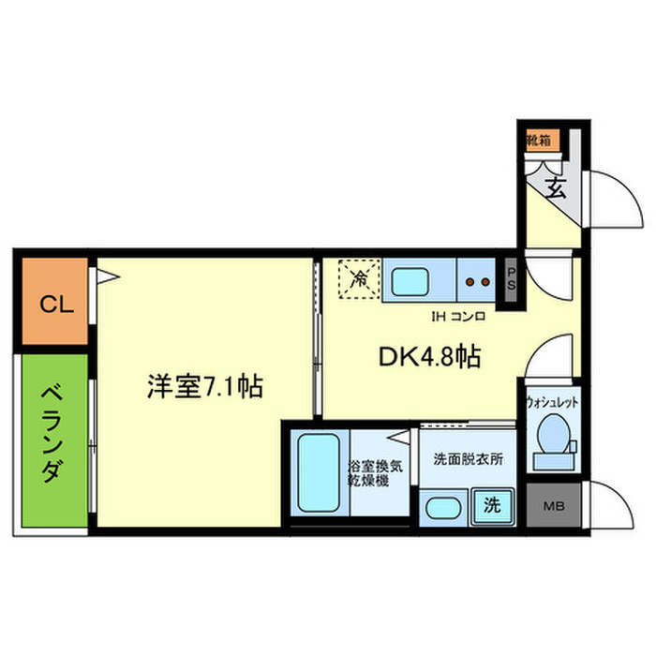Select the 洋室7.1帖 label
coord(203,385)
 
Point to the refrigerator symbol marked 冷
coord(359,277)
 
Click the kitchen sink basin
coord(410,282)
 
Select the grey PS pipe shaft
coord(512,282)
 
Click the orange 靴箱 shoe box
coord(541,141)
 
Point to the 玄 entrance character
coord(555,187)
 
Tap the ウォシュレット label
coord(552,401)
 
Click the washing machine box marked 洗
coord(491,504)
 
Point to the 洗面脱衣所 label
coord(468,460)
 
